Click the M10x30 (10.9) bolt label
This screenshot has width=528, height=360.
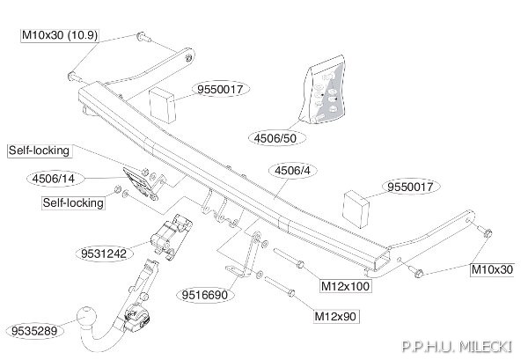pos(60,35)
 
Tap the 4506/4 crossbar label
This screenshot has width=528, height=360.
pos(292,171)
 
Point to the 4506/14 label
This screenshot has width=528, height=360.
pos(54,179)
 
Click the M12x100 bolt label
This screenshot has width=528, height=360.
pos(346,286)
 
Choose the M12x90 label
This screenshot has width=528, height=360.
pos(335,317)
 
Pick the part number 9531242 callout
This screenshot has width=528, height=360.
pos(104,253)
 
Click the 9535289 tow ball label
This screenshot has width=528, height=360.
pos(34,331)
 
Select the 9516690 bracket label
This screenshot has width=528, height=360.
pos(205,295)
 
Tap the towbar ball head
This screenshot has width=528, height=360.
pos(87,317)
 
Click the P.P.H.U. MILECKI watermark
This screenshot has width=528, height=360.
pos(458,347)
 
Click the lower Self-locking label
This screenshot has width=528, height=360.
pos(73,203)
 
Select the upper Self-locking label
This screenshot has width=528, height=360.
pos(40,151)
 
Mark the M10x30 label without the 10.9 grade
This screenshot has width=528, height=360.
pos(492,269)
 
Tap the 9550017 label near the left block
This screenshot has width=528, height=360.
pos(220,89)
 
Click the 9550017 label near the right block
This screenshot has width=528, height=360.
pos(410,187)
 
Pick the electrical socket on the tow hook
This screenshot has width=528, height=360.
pos(136,318)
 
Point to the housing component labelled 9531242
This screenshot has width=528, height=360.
pos(171,237)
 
